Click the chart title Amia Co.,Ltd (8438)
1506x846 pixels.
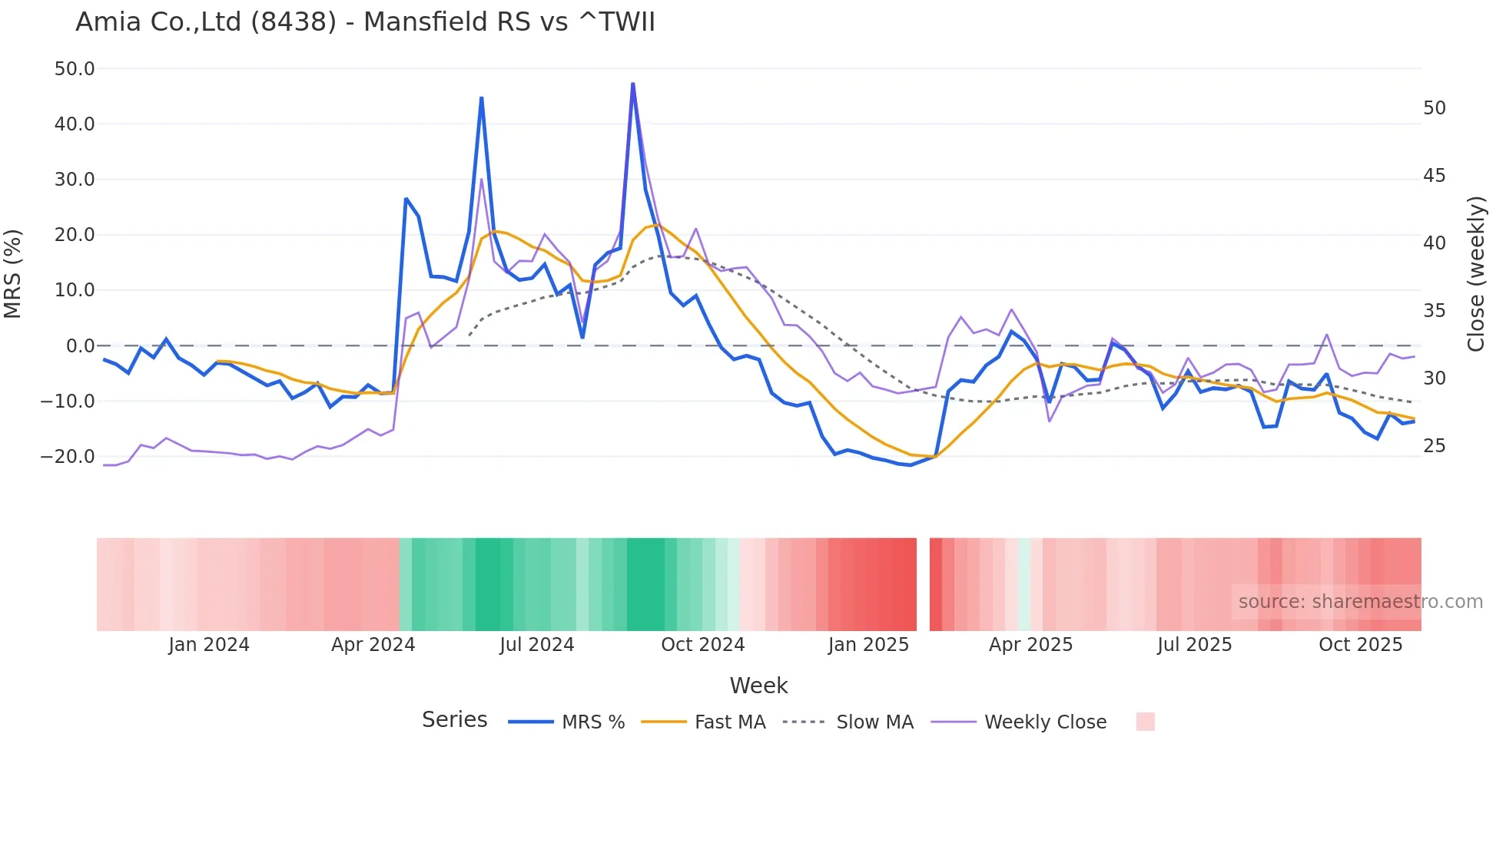(x=365, y=22)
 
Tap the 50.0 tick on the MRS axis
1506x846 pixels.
(x=75, y=69)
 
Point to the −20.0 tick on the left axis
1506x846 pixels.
(x=68, y=457)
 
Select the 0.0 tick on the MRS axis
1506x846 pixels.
(x=80, y=346)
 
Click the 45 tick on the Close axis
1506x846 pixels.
(x=1434, y=176)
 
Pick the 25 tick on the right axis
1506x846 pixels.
(x=1434, y=446)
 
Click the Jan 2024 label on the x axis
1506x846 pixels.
(x=209, y=645)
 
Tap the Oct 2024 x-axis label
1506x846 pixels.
(x=702, y=645)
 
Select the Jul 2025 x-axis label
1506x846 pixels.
(x=1194, y=645)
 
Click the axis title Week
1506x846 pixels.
(x=758, y=686)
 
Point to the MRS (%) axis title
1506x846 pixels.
(x=13, y=274)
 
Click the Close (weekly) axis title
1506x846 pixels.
(x=1475, y=274)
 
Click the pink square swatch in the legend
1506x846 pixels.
(x=1145, y=722)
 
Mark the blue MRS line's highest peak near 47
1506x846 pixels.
(x=632, y=84)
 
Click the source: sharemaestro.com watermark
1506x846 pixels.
(x=1360, y=602)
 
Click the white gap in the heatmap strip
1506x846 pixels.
(x=923, y=584)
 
